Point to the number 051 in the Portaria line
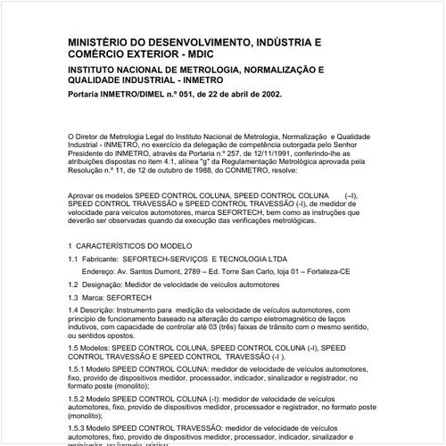pos(183,93)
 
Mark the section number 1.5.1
pos(78,368)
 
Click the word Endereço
pos(108,270)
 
